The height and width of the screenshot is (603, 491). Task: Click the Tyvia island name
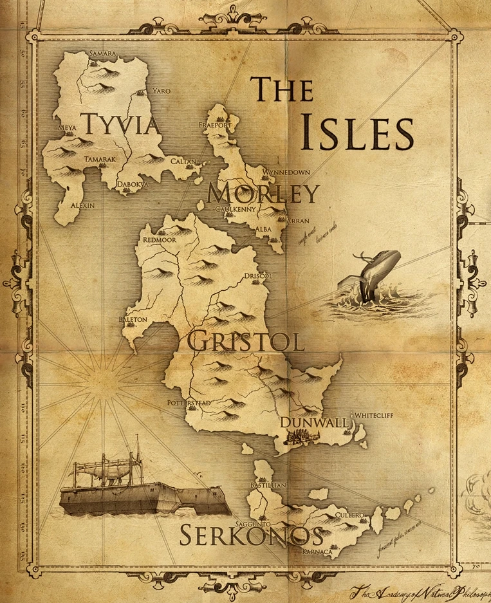(120, 123)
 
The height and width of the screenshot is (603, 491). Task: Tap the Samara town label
(104, 53)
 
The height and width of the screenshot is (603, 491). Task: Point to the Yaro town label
(161, 91)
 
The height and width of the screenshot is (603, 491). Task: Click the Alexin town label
(82, 205)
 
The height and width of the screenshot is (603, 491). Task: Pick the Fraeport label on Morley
(214, 125)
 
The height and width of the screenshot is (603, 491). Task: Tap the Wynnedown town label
(286, 172)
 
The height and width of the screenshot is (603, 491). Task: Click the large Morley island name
(264, 194)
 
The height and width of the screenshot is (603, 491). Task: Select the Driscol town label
(259, 276)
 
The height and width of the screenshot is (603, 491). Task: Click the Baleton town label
(133, 319)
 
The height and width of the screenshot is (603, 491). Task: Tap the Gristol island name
(245, 342)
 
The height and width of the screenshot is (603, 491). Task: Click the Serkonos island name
(251, 535)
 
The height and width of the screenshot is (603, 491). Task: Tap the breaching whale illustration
(373, 277)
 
